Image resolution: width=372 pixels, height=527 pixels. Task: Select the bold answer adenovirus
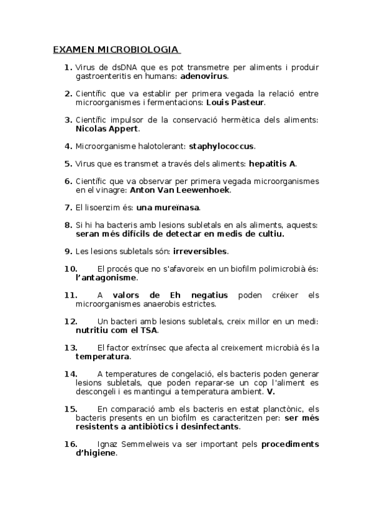click(204, 76)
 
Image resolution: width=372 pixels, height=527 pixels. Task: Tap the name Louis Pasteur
click(235, 102)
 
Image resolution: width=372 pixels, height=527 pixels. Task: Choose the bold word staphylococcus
click(222, 146)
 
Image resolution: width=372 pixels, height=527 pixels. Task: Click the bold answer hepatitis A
click(272, 163)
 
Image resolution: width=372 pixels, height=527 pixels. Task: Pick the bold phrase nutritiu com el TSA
click(116, 330)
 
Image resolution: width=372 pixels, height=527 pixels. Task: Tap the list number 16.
click(70, 444)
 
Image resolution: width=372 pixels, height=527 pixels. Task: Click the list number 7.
click(68, 207)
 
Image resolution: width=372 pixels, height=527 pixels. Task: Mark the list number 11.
click(70, 295)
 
